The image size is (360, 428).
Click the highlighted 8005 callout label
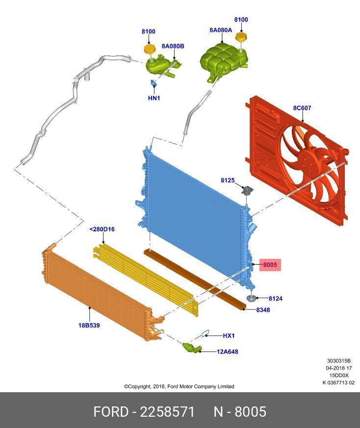pos(270,265)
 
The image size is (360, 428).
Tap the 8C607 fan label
pos(302,108)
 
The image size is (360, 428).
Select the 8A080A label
pos(221,30)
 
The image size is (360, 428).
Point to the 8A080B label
pos(173,46)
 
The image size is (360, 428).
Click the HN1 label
pos(154,98)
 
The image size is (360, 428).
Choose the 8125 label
pos(228,180)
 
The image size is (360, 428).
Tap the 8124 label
pos(275,299)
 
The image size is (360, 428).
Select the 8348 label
pos(263,310)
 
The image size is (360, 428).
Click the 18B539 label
pos(89,326)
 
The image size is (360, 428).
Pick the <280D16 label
pos(102,229)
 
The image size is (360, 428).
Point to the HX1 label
pos(229,336)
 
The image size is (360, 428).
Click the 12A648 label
pos(227,352)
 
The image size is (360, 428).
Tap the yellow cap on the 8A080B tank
pos(150,50)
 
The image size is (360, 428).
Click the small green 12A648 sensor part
pos(191,347)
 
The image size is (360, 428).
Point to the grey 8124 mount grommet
pos(251,299)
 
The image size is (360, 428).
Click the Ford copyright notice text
pos(179,386)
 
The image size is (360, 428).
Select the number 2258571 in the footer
pos(167,412)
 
